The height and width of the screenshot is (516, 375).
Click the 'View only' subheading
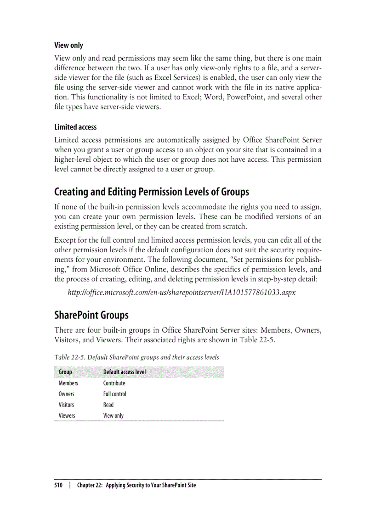(68, 45)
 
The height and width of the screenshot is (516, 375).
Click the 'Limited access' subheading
(75, 127)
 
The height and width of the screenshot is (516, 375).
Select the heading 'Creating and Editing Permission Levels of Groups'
(152, 192)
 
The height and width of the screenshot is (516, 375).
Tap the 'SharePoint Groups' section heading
(91, 315)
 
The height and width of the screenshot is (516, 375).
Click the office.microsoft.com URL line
(182, 292)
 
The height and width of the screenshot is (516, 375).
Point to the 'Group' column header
(65, 372)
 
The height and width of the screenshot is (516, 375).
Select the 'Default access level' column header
(124, 372)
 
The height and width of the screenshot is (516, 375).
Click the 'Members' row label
(68, 383)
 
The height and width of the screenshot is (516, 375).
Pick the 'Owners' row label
(67, 394)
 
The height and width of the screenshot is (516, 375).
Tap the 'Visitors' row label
(66, 405)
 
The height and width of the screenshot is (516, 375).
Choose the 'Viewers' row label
(67, 416)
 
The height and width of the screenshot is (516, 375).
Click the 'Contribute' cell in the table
(114, 383)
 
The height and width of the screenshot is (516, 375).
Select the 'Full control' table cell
(114, 394)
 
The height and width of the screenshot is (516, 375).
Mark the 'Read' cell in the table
(108, 405)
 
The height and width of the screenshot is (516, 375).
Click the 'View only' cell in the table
(113, 416)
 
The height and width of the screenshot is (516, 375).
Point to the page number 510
(58, 485)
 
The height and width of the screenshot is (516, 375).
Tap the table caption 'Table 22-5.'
(69, 357)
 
